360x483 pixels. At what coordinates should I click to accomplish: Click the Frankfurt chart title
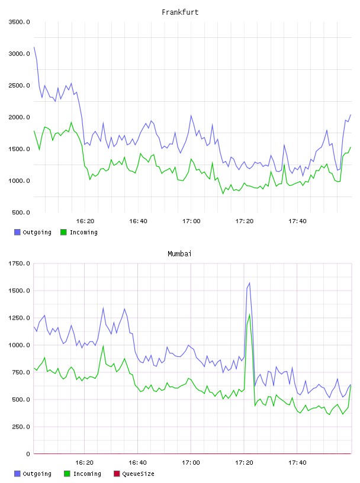click(x=180, y=12)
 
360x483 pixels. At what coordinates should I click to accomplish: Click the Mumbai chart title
click(x=179, y=253)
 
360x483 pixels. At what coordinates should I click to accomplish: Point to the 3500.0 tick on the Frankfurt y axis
click(x=19, y=22)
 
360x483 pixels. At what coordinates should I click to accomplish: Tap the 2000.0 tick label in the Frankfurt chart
click(x=19, y=117)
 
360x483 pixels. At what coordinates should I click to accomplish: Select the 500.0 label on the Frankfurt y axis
click(x=21, y=212)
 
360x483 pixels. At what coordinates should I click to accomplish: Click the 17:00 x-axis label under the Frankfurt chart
click(x=191, y=221)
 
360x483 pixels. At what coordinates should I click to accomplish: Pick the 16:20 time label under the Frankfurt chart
click(x=85, y=221)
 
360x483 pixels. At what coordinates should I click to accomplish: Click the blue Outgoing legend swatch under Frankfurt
click(x=17, y=232)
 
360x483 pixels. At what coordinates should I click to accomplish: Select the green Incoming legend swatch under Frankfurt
click(x=63, y=232)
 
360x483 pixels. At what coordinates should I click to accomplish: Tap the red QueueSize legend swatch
click(x=117, y=474)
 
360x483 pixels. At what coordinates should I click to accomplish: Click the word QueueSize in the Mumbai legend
click(x=138, y=474)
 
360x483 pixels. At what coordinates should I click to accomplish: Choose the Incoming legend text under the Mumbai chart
click(x=87, y=474)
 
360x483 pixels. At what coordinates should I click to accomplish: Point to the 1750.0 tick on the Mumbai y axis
click(x=19, y=263)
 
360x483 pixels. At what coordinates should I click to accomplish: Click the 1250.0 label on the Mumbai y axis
click(x=19, y=318)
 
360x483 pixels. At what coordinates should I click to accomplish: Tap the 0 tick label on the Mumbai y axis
click(x=28, y=454)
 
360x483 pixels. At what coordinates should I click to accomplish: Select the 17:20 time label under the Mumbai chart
click(x=244, y=462)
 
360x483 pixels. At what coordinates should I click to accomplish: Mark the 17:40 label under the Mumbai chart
click(x=297, y=462)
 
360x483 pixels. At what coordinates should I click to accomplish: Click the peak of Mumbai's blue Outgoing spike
click(x=249, y=283)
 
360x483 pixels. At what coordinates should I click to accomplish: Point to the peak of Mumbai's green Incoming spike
click(x=249, y=314)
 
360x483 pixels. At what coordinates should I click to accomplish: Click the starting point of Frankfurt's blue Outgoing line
click(x=34, y=47)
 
